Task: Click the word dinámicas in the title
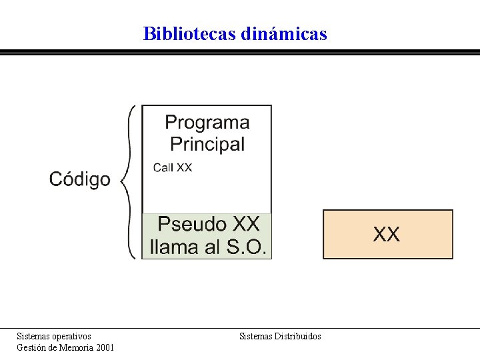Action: (x=282, y=33)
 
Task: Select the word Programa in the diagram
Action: (x=207, y=123)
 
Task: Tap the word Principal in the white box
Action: (x=207, y=143)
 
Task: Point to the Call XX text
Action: (x=173, y=167)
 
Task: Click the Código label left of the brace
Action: (x=80, y=179)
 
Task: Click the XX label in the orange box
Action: (x=387, y=234)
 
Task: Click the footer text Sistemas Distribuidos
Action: (x=280, y=336)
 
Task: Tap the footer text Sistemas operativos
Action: (x=54, y=336)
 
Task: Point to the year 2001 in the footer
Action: (x=104, y=347)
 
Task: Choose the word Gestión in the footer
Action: (x=31, y=347)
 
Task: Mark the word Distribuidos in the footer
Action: (x=297, y=336)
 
